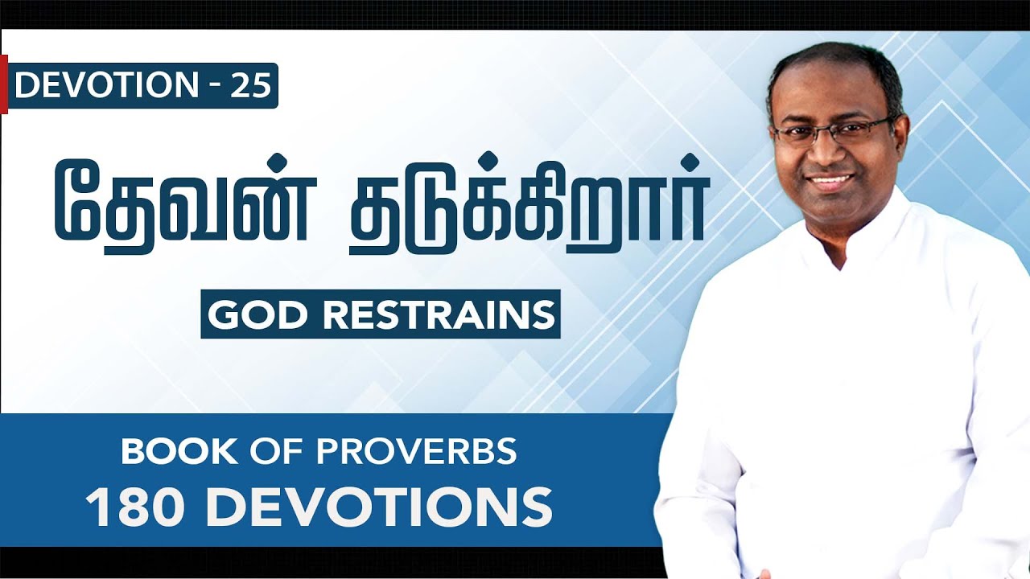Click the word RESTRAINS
(438, 314)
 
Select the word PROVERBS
(417, 452)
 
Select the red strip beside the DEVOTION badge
(4, 84)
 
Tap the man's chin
(833, 206)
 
